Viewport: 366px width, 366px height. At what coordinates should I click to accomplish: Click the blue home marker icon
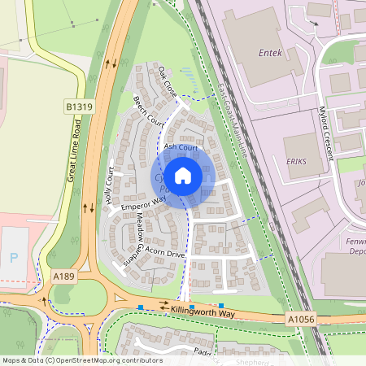(183, 176)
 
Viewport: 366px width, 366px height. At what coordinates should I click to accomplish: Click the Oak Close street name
(168, 82)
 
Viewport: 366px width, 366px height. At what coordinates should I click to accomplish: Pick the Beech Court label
(148, 111)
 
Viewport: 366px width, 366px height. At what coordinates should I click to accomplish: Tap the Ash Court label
(181, 147)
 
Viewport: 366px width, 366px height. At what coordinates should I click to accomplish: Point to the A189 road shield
(64, 277)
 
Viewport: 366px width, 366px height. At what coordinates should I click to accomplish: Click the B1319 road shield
(78, 106)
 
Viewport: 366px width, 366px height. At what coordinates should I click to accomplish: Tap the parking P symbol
(13, 257)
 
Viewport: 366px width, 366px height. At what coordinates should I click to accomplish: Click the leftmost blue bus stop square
(141, 307)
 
